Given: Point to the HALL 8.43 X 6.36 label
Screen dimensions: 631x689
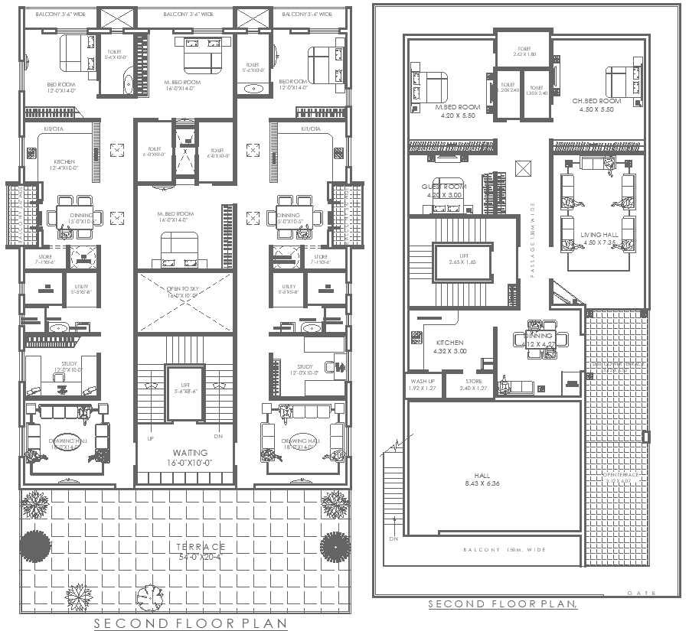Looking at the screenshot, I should [x=482, y=479].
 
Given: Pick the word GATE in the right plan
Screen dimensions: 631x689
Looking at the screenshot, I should [x=638, y=593].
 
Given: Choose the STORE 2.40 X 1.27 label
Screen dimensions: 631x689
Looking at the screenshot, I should [x=474, y=384].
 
